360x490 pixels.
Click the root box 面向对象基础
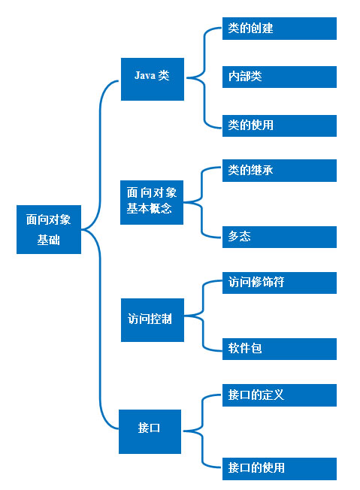coord(49,229)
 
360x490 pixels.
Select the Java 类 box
coord(153,79)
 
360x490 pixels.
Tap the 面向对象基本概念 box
coord(152,202)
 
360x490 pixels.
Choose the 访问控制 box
coord(153,320)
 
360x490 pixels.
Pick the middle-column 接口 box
coord(150,431)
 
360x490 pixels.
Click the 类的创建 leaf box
coord(280,29)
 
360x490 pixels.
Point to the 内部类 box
coord(280,77)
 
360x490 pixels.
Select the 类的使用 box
coord(280,126)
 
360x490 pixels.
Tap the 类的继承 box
coord(280,171)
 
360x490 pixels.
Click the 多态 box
coord(280,237)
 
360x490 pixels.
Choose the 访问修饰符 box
coord(280,283)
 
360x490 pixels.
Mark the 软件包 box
coord(280,349)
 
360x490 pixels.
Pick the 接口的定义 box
coord(280,395)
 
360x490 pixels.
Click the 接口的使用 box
coord(280,469)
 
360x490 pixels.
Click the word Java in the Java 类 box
coord(145,75)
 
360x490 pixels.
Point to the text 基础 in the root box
coord(48,240)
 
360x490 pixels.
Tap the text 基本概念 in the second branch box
coord(149,208)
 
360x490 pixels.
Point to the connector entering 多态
coord(202,219)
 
